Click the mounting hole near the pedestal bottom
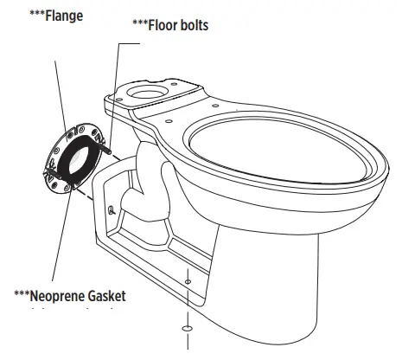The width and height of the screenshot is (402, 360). coord(188,282)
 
